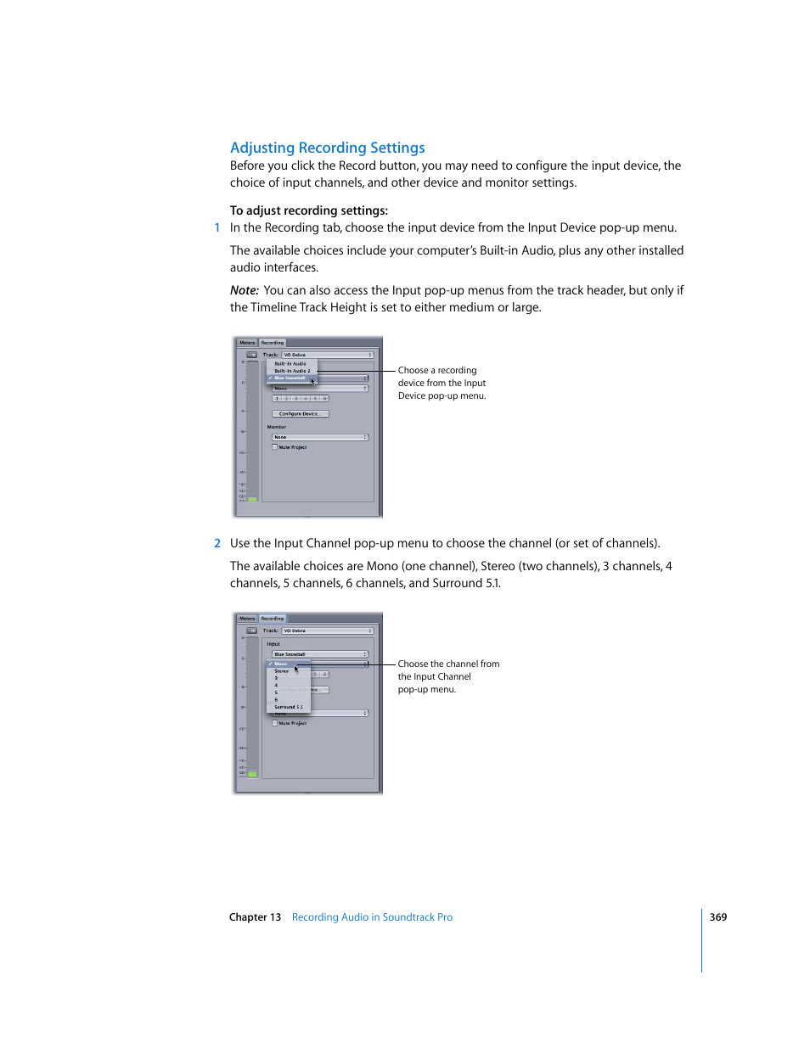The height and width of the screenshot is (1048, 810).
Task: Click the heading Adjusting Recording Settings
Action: [x=327, y=148]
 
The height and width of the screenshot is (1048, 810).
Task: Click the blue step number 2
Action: [x=217, y=543]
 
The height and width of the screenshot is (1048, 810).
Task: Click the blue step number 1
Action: [x=217, y=227]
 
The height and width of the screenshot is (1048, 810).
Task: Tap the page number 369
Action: [x=717, y=917]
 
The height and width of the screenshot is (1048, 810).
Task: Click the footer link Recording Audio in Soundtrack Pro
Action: [x=372, y=917]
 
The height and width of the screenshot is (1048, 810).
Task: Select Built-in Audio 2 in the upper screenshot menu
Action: [x=292, y=371]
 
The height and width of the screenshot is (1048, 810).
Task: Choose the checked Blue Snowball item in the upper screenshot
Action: [x=290, y=378]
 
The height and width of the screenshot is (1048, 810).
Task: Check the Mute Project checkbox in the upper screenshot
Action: [x=275, y=447]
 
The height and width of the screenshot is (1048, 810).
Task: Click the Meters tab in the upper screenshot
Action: [x=247, y=343]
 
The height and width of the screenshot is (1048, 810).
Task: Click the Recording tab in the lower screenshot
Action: [x=273, y=619]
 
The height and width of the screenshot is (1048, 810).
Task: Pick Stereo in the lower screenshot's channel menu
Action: [x=281, y=671]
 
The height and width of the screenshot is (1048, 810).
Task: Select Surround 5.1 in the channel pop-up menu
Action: [x=288, y=707]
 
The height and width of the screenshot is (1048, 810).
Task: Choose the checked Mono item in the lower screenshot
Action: [x=280, y=664]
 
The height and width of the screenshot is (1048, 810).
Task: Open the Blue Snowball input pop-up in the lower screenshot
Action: [x=320, y=654]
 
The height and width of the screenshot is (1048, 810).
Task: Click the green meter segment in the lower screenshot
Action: [x=252, y=774]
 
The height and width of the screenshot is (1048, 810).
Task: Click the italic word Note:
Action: [x=244, y=290]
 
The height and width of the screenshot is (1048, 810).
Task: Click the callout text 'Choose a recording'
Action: [x=437, y=371]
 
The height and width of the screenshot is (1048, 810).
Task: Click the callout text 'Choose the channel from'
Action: [x=448, y=664]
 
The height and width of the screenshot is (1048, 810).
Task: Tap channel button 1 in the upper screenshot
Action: [x=277, y=398]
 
